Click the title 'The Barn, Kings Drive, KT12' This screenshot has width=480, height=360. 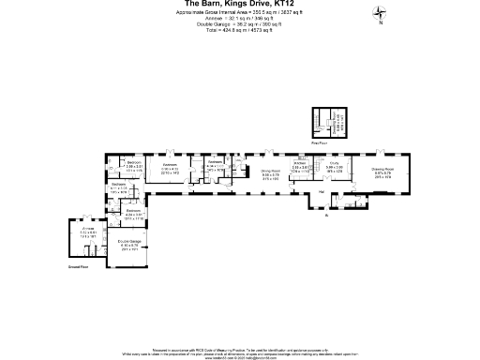coord(239,4)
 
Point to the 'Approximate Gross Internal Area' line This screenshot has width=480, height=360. coord(239,12)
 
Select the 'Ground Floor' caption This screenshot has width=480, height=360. coord(79,268)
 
